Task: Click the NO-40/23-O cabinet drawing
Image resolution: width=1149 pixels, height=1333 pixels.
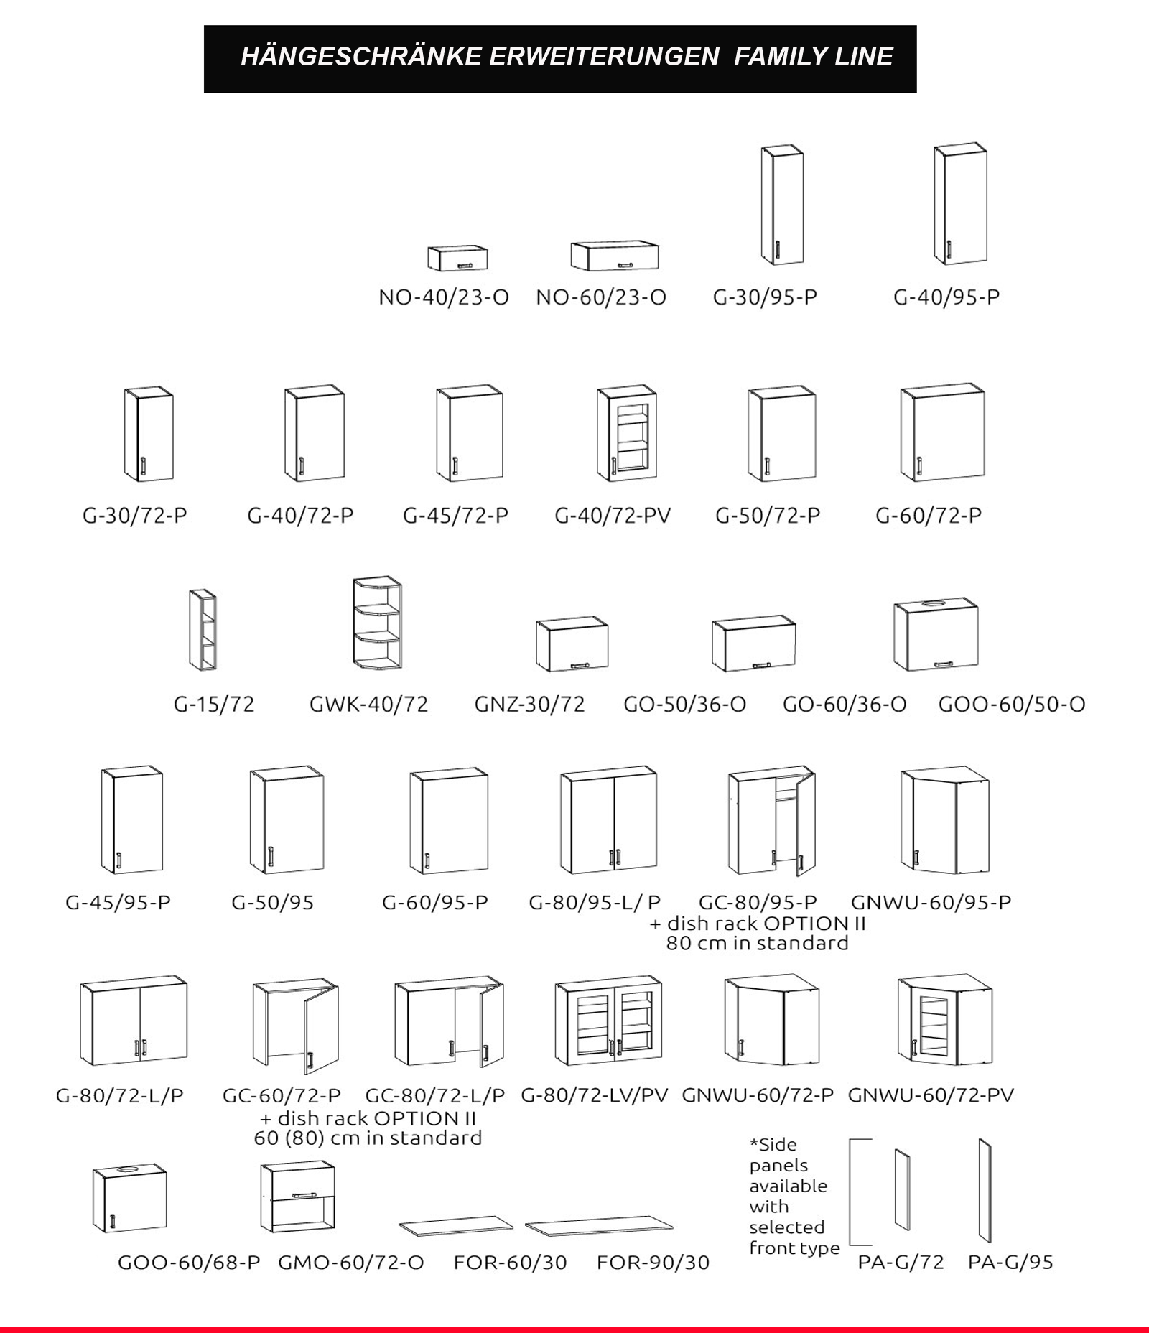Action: pos(457,259)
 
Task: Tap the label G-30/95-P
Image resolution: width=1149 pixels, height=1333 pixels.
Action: pos(765,297)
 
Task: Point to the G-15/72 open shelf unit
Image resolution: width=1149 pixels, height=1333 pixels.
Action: pos(203,630)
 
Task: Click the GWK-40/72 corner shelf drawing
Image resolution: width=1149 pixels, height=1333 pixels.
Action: pos(377,623)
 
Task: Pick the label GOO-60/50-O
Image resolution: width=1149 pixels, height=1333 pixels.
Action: pos(1011,705)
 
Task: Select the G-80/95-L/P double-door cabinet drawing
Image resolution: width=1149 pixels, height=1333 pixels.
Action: pos(608,821)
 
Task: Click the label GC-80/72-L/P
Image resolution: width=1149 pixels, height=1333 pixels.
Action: pos(435,1095)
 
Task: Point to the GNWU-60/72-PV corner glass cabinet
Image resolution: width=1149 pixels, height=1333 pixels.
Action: pos(944,1020)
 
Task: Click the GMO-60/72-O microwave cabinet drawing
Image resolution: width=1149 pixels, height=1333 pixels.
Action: pos(297,1197)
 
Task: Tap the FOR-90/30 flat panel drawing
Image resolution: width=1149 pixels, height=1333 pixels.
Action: pos(598,1228)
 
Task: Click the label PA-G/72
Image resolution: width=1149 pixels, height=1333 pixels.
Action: pos(901,1262)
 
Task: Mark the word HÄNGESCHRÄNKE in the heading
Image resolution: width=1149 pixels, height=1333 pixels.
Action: pos(360,57)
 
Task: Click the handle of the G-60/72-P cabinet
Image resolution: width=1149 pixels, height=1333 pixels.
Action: pos(919,466)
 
